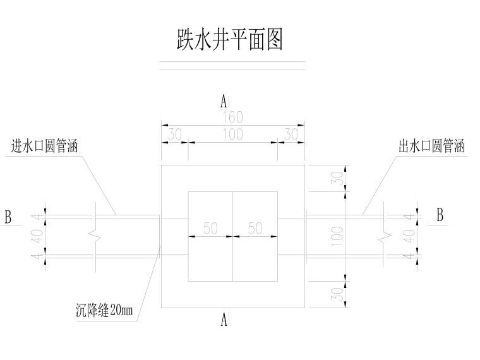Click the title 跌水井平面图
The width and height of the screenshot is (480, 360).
point(230,40)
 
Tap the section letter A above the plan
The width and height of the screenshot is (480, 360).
point(224,101)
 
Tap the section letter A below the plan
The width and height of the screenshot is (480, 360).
point(224,321)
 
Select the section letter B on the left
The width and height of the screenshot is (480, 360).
point(8,217)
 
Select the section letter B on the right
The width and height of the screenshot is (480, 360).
point(440,215)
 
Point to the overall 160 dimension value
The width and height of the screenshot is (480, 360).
point(232,117)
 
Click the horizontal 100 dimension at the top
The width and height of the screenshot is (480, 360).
point(232,135)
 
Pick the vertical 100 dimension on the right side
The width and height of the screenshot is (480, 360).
point(337,236)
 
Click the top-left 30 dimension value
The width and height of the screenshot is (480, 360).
point(174,135)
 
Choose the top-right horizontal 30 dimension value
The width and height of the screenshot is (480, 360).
point(291,135)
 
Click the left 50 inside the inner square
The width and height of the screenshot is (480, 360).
point(210,229)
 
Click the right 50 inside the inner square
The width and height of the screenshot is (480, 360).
point(255,229)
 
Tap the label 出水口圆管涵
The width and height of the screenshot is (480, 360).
point(432,147)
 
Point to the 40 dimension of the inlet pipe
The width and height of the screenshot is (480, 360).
point(37,236)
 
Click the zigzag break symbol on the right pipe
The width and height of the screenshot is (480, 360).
point(386,236)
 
